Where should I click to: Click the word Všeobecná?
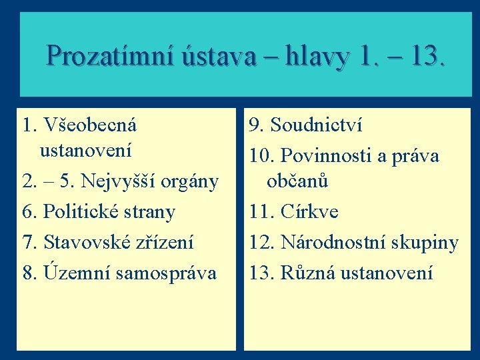pyautogui.click(x=89, y=125)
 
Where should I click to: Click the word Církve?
pyautogui.click(x=309, y=212)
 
